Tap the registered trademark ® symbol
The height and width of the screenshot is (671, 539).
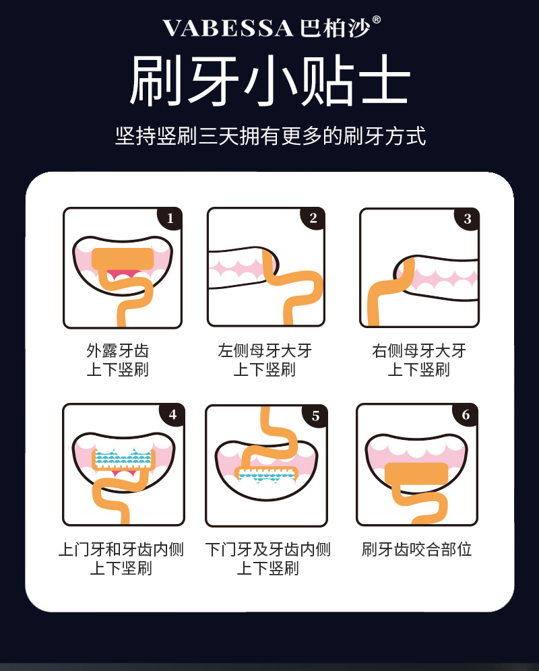[x=377, y=20]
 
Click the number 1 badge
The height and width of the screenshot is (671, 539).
[x=170, y=219]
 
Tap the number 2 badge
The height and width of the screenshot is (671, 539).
[x=313, y=218]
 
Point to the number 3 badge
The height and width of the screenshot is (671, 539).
[x=467, y=219]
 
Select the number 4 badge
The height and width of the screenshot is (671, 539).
[x=172, y=414]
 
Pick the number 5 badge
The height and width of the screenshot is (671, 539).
[x=315, y=416]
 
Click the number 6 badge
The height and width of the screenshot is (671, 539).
[x=466, y=415]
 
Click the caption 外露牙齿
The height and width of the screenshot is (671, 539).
[x=118, y=350]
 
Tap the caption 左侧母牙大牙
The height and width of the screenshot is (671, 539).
[x=265, y=350]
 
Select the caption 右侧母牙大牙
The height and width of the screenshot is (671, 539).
[x=418, y=350]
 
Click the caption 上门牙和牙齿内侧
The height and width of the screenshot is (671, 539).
[x=121, y=550]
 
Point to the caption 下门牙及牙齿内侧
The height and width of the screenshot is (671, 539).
[x=267, y=550]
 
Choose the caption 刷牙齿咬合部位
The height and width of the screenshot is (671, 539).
[x=416, y=550]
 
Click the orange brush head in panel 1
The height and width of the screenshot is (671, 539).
[x=123, y=259]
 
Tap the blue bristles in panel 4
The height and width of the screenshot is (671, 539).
[x=124, y=459]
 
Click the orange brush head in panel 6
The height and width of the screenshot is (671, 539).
[x=416, y=474]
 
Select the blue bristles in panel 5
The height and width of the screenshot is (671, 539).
[x=265, y=476]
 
